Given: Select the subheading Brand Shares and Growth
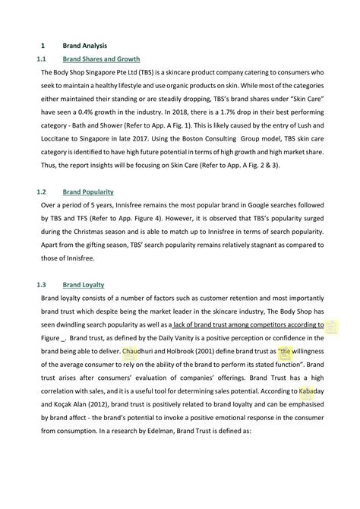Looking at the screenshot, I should point(101,58).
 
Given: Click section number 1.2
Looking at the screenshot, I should point(43,192).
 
